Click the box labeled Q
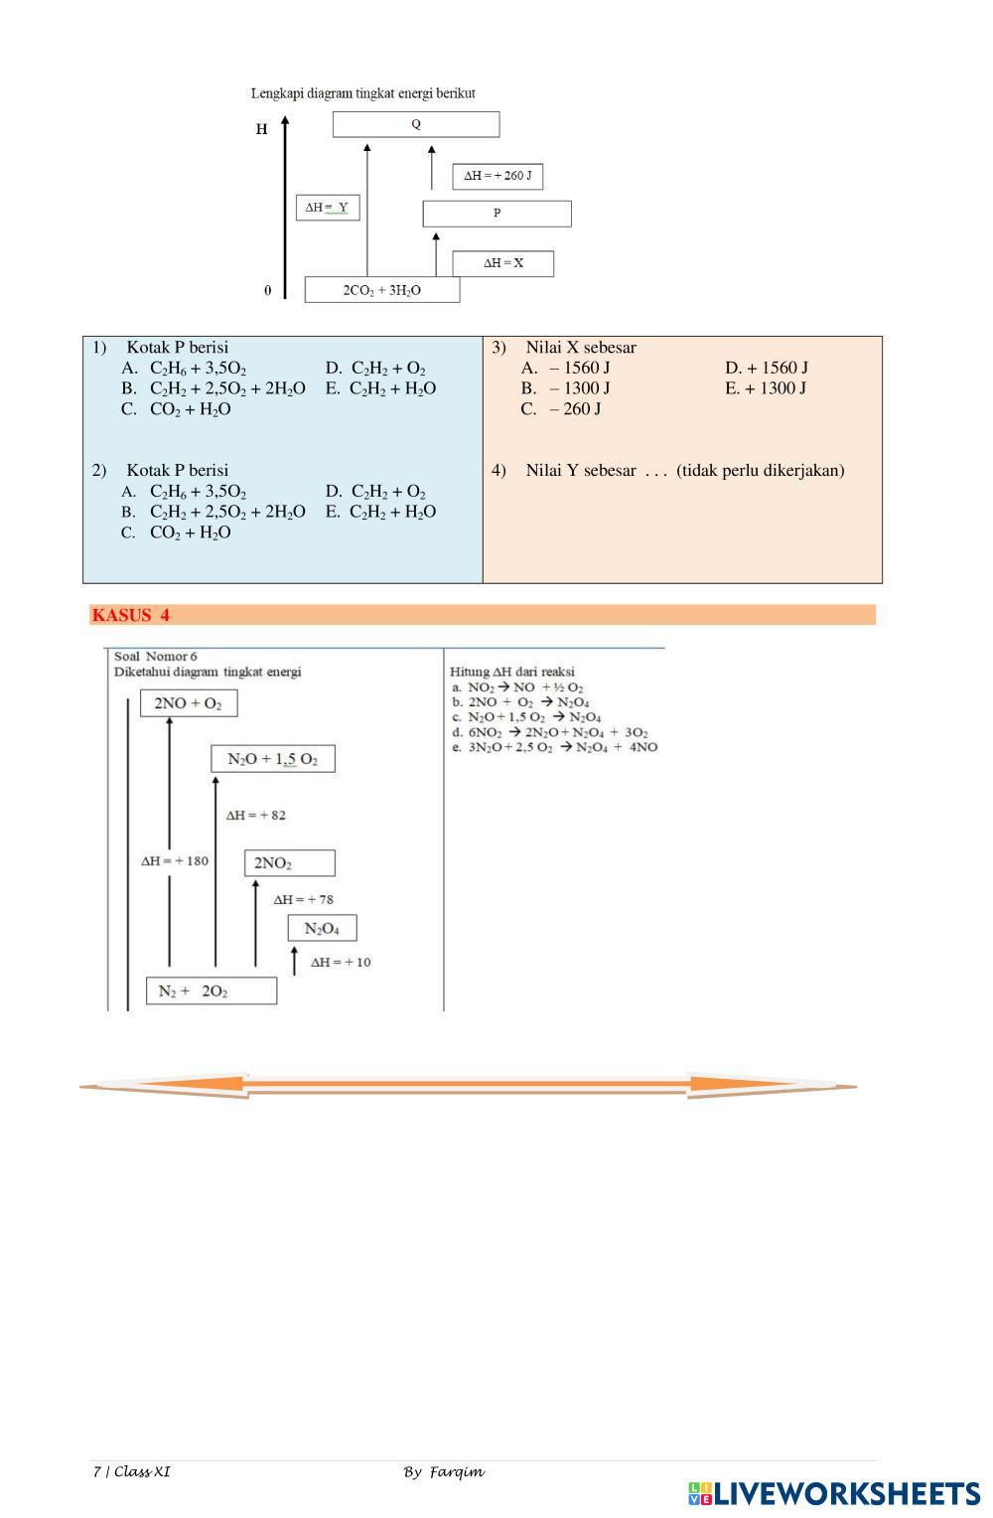pyautogui.click(x=415, y=124)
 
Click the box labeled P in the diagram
pyautogui.click(x=496, y=213)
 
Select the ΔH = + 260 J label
pyautogui.click(x=497, y=176)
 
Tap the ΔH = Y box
pyautogui.click(x=327, y=208)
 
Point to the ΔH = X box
pyautogui.click(x=502, y=263)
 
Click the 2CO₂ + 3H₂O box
pyautogui.click(x=381, y=290)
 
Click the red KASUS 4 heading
pyautogui.click(x=131, y=615)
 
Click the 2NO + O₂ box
pyautogui.click(x=188, y=703)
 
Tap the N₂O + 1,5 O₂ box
pyautogui.click(x=272, y=759)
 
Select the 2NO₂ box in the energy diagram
pyautogui.click(x=289, y=862)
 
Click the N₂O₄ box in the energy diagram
pyautogui.click(x=322, y=928)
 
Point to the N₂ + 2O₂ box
pyautogui.click(x=211, y=990)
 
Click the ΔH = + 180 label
pyautogui.click(x=175, y=860)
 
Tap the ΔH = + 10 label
pyautogui.click(x=341, y=962)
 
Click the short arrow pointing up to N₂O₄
pyautogui.click(x=294, y=960)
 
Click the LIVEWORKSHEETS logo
pyautogui.click(x=833, y=1493)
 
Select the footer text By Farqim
pyautogui.click(x=444, y=1471)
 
